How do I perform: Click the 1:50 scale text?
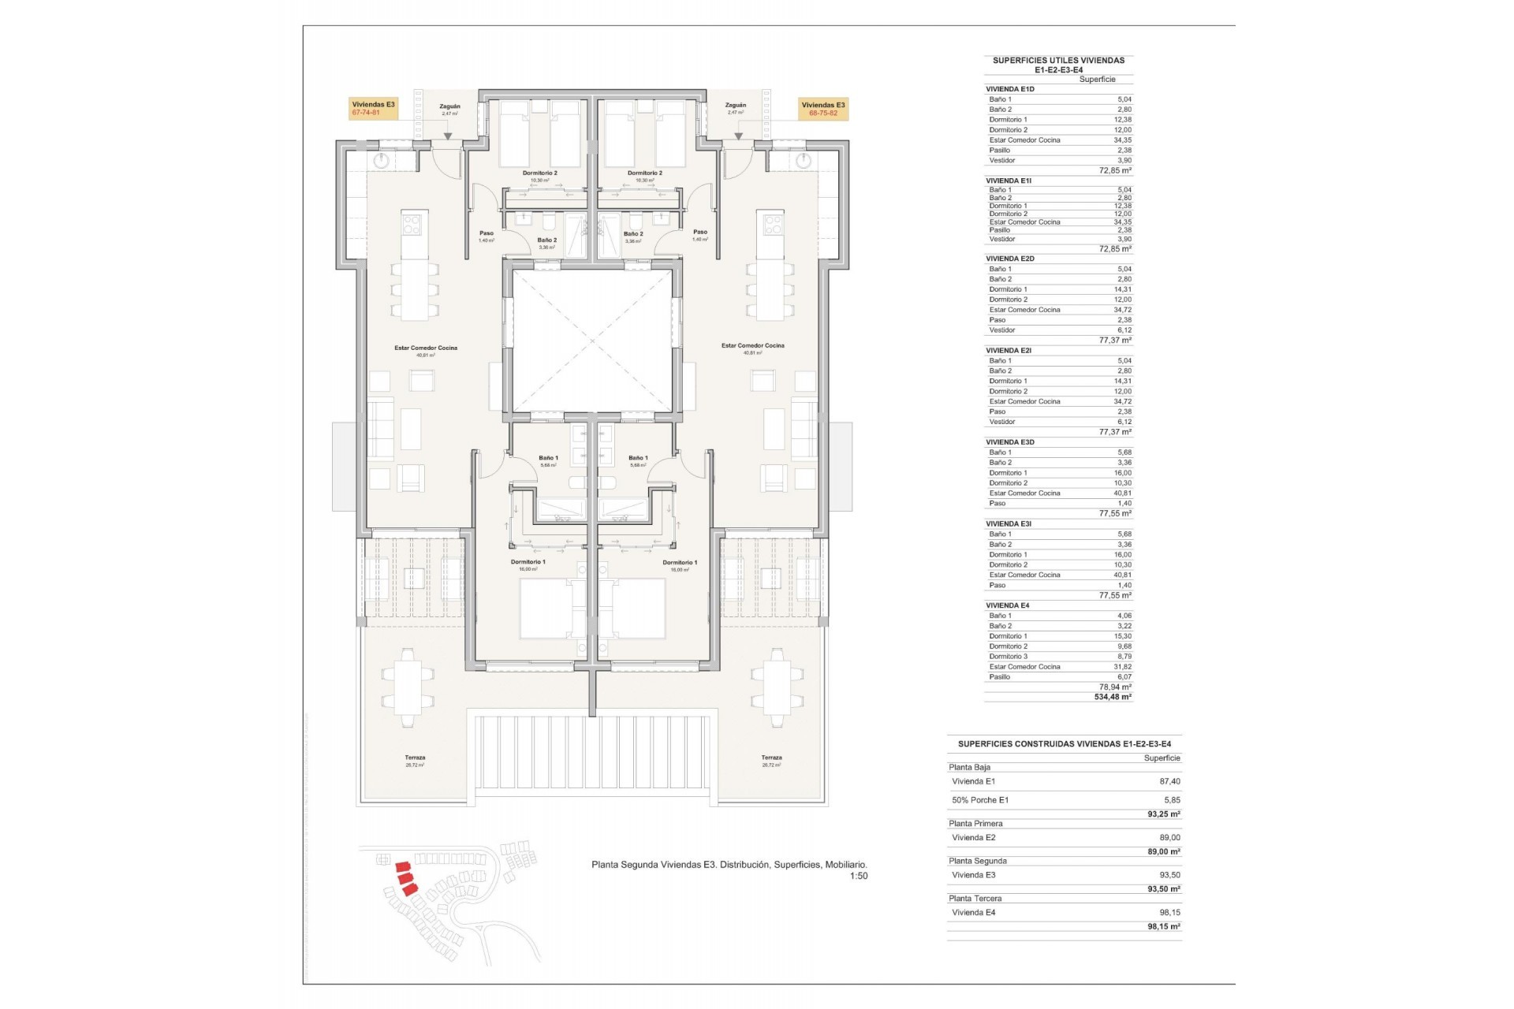[858, 876]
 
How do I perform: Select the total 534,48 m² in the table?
[1112, 697]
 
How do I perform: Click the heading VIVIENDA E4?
[1007, 605]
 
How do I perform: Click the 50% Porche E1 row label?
[980, 800]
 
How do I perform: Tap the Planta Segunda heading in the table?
[978, 861]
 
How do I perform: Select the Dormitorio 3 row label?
[1009, 656]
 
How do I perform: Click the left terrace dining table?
[408, 687]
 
